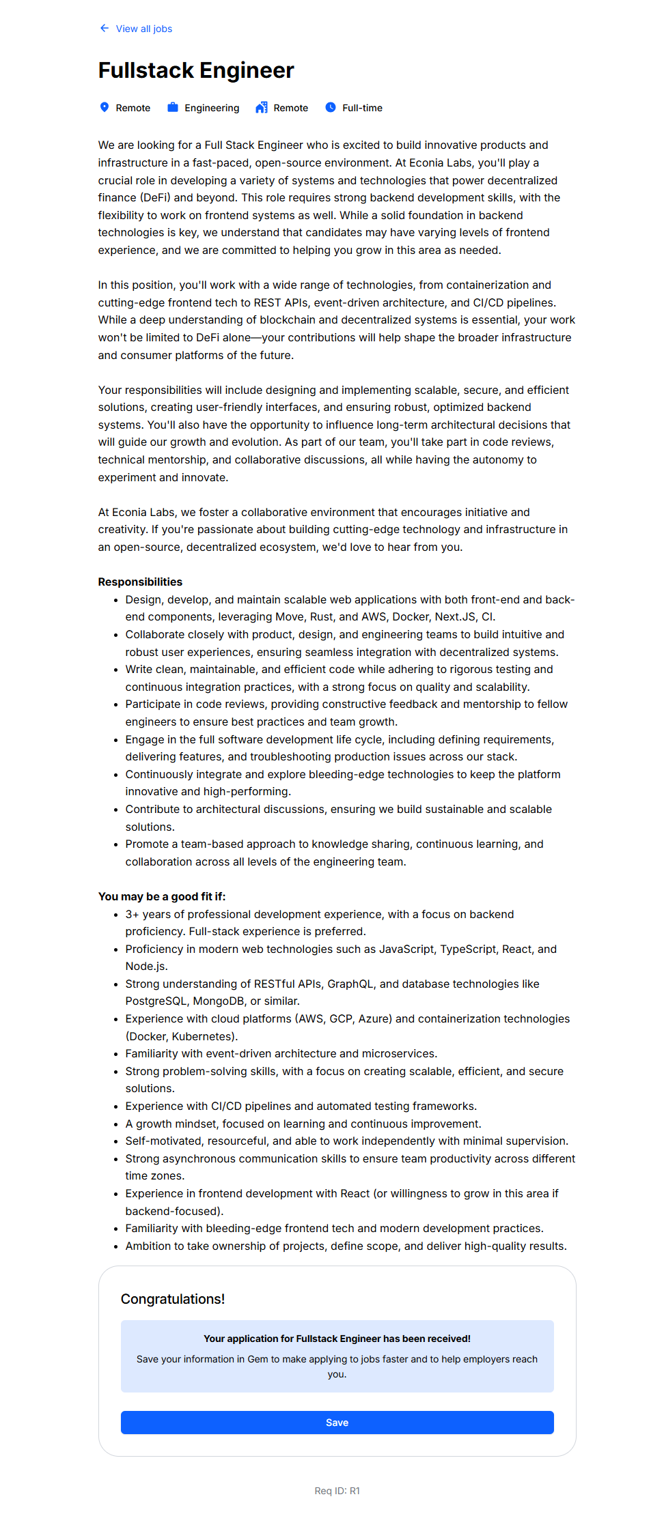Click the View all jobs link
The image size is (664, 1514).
click(x=143, y=29)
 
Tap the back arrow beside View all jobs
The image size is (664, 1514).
click(x=104, y=28)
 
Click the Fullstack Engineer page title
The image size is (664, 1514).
click(x=196, y=70)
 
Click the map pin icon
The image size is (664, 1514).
click(x=105, y=107)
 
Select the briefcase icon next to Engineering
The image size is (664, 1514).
click(x=173, y=107)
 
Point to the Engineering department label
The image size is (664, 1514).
click(x=212, y=108)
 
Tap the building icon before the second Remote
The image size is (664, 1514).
click(x=262, y=107)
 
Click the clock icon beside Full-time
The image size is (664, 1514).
click(x=331, y=107)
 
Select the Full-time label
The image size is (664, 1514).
click(x=362, y=108)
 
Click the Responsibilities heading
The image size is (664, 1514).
click(x=140, y=582)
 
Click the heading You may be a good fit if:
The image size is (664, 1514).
click(x=162, y=896)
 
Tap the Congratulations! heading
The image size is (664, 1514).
click(x=173, y=1299)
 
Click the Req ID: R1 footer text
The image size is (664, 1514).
click(x=337, y=1491)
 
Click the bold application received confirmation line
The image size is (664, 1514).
click(x=337, y=1339)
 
